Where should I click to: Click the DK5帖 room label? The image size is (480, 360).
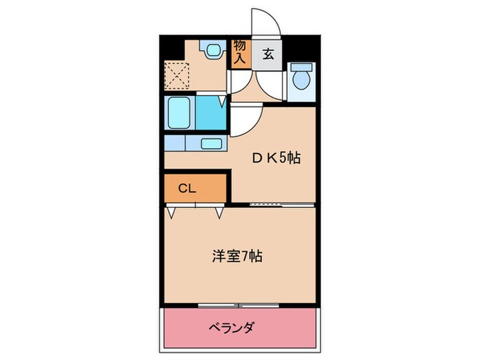(276, 158)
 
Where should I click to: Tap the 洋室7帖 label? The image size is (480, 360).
(236, 257)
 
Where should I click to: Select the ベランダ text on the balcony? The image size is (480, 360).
(231, 328)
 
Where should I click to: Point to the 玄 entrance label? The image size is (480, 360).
(268, 55)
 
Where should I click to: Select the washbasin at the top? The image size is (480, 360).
(211, 50)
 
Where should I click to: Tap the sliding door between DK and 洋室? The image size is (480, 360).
(273, 204)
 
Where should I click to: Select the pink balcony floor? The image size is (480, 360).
(274, 336)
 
